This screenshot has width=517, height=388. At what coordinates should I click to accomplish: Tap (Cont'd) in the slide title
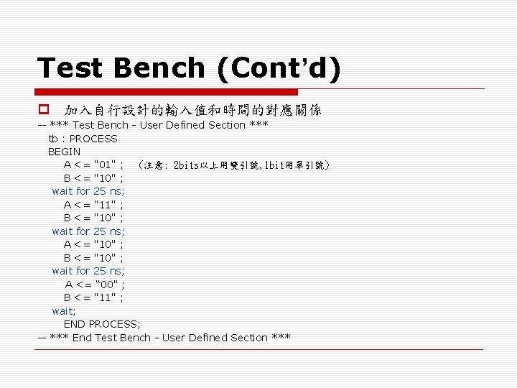277,69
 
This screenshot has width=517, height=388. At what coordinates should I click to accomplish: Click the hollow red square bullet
43,111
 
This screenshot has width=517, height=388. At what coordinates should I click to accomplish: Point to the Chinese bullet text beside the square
193,111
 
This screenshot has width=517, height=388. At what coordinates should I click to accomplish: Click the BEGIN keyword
64,152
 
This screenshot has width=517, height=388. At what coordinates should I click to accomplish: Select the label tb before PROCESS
53,138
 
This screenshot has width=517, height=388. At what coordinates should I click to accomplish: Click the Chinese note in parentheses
235,165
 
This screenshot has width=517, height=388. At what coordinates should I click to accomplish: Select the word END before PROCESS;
75,324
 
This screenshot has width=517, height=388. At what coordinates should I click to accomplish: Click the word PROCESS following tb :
93,138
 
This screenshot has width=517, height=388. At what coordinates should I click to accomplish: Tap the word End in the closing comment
82,338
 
